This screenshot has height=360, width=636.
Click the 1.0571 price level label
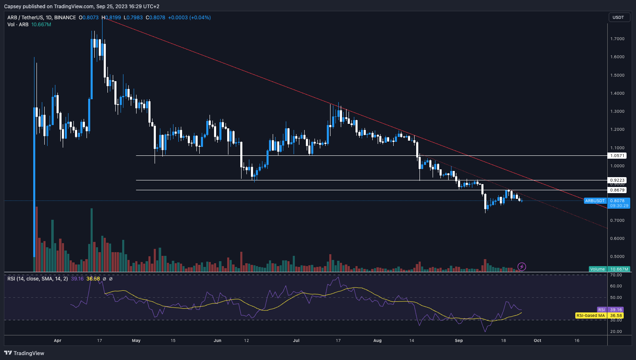coord(617,156)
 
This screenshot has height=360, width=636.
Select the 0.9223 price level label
coord(617,180)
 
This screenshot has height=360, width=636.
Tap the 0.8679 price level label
coord(617,190)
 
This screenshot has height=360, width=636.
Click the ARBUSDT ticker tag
coord(595,201)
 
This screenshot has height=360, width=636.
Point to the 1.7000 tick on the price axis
coord(617,39)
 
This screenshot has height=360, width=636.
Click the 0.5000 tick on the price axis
coord(617,257)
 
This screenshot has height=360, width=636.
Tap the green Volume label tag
coord(597,269)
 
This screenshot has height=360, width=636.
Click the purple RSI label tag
coord(601,310)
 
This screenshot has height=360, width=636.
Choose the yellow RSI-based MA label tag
coord(590,316)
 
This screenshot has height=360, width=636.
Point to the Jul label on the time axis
coord(296,341)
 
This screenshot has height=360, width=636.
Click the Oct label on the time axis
coord(537,341)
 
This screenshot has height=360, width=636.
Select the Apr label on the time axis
coord(57,341)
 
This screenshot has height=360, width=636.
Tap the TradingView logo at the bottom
coord(24,353)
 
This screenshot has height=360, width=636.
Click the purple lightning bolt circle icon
coord(522,267)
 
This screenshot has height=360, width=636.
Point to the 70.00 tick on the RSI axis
coord(616,275)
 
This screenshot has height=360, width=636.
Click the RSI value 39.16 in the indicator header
coord(77,279)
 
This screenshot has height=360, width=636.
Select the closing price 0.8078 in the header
coord(158,18)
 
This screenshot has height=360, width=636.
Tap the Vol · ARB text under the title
coord(18,25)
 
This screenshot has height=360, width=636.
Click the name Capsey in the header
coord(13,6)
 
